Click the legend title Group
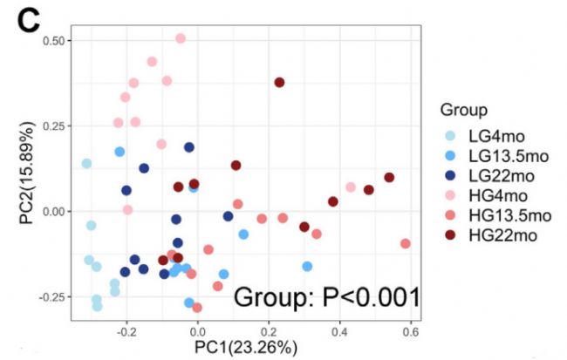pos(463,110)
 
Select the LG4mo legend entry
pos(495,138)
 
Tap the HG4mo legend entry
pos(495,196)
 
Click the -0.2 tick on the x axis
pos(126,330)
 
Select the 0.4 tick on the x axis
pos(339,330)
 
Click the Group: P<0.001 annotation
pos(326,297)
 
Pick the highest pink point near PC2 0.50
pos(181,38)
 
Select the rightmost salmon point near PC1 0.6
pos(406,243)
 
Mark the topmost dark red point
pos(279,82)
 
